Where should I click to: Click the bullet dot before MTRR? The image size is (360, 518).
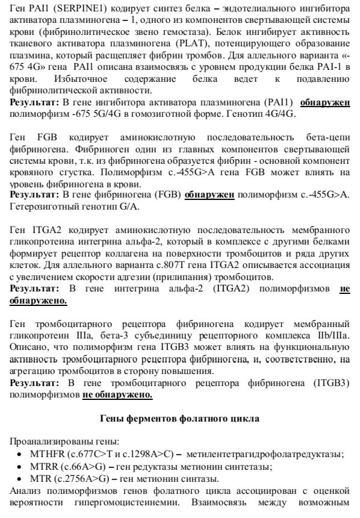[x=20, y=466]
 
